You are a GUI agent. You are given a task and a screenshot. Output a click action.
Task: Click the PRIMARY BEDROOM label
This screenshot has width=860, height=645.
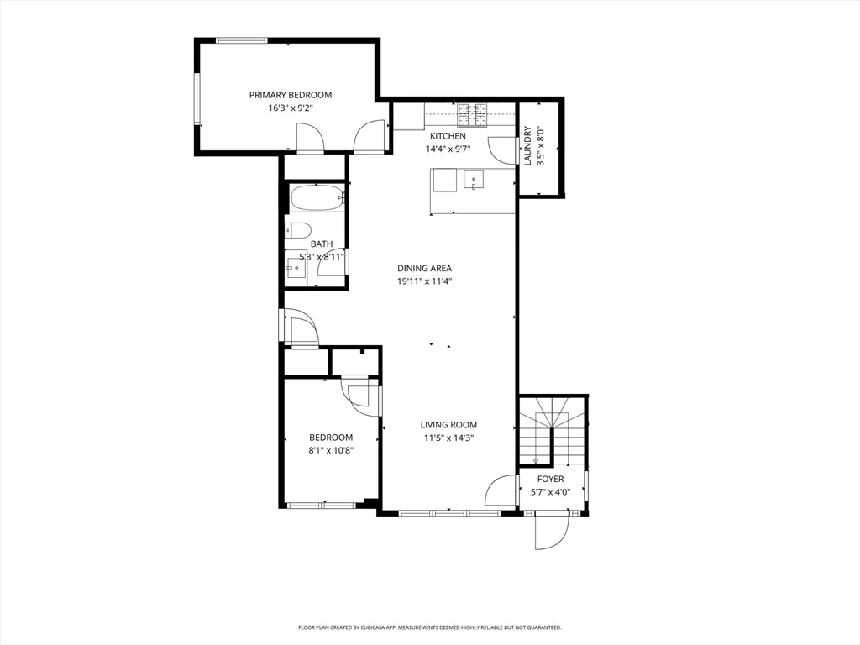(x=290, y=95)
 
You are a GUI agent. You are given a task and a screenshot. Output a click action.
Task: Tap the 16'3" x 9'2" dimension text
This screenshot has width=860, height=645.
(x=290, y=107)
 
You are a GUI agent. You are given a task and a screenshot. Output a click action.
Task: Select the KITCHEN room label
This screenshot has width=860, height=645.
(x=448, y=136)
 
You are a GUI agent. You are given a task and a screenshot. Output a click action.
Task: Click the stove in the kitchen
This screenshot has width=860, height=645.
(x=473, y=111)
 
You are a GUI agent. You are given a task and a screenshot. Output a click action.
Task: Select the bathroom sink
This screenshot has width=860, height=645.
(x=296, y=270)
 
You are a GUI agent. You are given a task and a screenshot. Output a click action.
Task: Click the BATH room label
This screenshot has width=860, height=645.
(x=322, y=244)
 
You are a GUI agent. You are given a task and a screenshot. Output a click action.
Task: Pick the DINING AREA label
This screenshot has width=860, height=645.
(x=424, y=269)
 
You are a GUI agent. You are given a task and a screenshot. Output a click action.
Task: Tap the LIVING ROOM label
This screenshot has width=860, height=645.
(x=449, y=425)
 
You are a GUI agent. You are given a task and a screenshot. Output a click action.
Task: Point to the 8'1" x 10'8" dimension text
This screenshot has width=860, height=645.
(x=331, y=449)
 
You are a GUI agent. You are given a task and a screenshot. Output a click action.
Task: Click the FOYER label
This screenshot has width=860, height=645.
(x=551, y=479)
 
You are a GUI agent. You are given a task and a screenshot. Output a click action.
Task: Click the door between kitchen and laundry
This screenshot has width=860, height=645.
(x=503, y=150)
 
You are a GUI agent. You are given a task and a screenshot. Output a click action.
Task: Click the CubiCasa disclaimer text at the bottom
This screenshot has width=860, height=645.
(x=429, y=627)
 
